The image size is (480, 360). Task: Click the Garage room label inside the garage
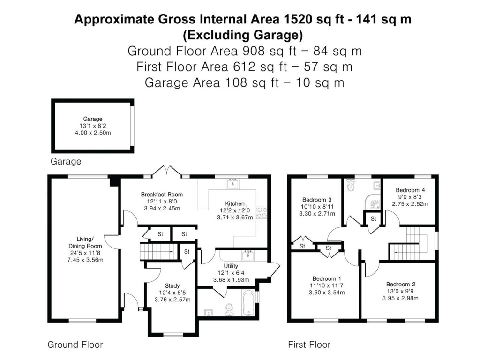[93, 119]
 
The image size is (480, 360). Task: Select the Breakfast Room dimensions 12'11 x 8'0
[162, 202]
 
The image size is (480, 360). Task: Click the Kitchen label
[234, 203]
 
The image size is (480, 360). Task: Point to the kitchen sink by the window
[233, 184]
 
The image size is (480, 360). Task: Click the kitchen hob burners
[262, 213]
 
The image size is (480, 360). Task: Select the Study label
[172, 285]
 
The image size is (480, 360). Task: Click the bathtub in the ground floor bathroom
[249, 303]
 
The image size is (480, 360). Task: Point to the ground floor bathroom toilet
[229, 310]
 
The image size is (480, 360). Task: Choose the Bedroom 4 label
[410, 190]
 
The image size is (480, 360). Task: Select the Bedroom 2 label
[400, 284]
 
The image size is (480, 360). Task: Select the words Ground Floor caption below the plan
[75, 345]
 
